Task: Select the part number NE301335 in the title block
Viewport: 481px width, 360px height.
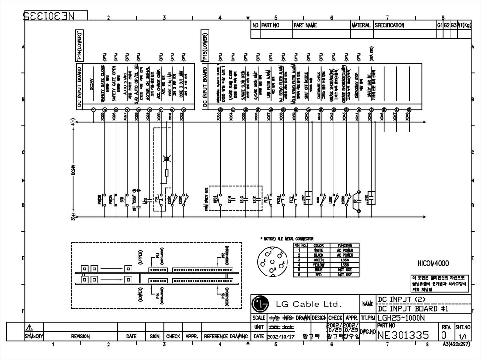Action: tap(403, 335)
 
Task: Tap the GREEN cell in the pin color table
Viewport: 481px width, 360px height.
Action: tap(318, 260)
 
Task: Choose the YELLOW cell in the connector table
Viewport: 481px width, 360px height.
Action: tap(318, 265)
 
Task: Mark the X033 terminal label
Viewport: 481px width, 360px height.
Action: tap(219, 117)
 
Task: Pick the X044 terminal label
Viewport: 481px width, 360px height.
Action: tap(357, 117)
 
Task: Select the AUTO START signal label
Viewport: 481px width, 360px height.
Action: tap(127, 86)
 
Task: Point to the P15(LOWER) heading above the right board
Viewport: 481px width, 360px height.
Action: tap(205, 46)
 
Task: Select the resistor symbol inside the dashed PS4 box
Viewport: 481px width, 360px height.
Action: tap(165, 176)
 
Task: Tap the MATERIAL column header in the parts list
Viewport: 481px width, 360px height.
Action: tap(361, 25)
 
